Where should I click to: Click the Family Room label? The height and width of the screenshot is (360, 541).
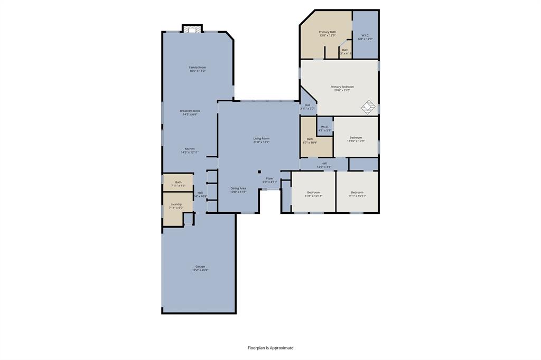click(x=198, y=69)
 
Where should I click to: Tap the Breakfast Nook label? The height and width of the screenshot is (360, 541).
click(x=190, y=112)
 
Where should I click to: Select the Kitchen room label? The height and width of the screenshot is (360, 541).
click(x=190, y=150)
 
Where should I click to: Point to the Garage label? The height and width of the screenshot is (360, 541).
click(x=200, y=268)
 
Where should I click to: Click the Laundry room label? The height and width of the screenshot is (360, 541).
click(x=176, y=206)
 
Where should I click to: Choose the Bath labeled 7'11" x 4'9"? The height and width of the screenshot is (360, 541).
click(x=178, y=184)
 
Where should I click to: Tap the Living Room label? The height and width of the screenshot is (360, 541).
click(x=261, y=140)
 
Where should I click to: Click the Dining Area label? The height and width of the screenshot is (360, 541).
click(x=238, y=190)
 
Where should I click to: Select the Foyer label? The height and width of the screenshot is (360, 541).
click(x=270, y=180)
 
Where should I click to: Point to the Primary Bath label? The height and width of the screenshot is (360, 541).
click(x=327, y=34)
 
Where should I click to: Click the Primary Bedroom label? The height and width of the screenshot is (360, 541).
click(x=342, y=88)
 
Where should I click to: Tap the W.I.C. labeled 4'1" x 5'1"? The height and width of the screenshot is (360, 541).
click(x=324, y=128)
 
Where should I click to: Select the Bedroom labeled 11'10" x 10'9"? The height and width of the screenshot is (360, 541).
click(x=356, y=139)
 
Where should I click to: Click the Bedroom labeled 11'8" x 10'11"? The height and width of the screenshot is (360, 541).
click(x=313, y=194)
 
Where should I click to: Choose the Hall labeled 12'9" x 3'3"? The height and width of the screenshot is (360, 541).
click(x=324, y=165)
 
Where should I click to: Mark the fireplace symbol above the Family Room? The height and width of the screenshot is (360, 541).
click(x=192, y=29)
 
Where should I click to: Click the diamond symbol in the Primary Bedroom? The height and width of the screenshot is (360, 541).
click(x=368, y=107)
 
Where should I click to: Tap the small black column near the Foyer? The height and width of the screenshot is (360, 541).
click(x=259, y=172)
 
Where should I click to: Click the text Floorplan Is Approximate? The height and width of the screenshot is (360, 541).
click(x=270, y=348)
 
